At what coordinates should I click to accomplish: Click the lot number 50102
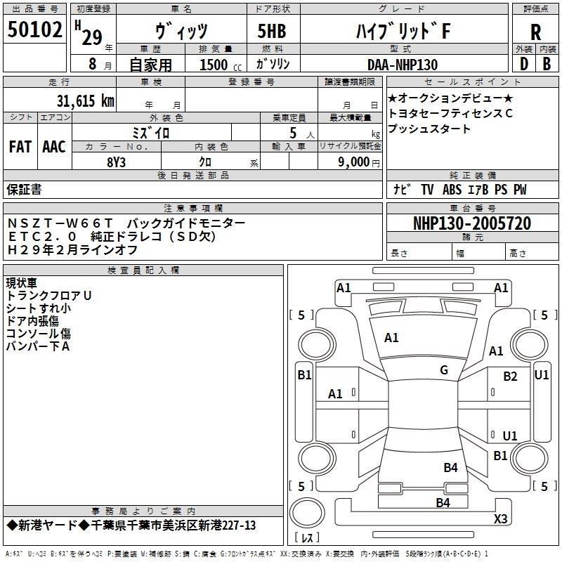click(34, 29)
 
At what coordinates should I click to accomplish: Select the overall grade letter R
click(535, 32)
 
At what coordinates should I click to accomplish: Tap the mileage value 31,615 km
click(85, 100)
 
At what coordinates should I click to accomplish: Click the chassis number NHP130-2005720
click(472, 223)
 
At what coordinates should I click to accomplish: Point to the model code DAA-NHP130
click(403, 65)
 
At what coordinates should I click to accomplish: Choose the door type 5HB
click(272, 31)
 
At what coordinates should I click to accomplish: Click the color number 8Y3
click(116, 162)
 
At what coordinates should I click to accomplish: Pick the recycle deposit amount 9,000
click(353, 162)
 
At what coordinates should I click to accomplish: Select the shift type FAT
click(20, 147)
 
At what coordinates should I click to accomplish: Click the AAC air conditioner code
click(54, 147)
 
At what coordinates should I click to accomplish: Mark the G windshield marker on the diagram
click(444, 370)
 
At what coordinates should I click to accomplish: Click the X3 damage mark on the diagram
click(500, 518)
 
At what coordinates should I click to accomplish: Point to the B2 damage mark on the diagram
click(510, 377)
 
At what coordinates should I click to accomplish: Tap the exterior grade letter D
click(524, 64)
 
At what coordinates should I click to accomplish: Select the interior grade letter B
click(547, 64)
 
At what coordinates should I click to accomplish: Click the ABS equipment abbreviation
click(452, 189)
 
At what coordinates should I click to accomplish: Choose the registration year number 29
click(92, 37)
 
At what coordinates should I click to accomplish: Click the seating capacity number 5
click(293, 133)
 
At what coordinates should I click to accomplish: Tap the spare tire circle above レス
click(307, 512)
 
